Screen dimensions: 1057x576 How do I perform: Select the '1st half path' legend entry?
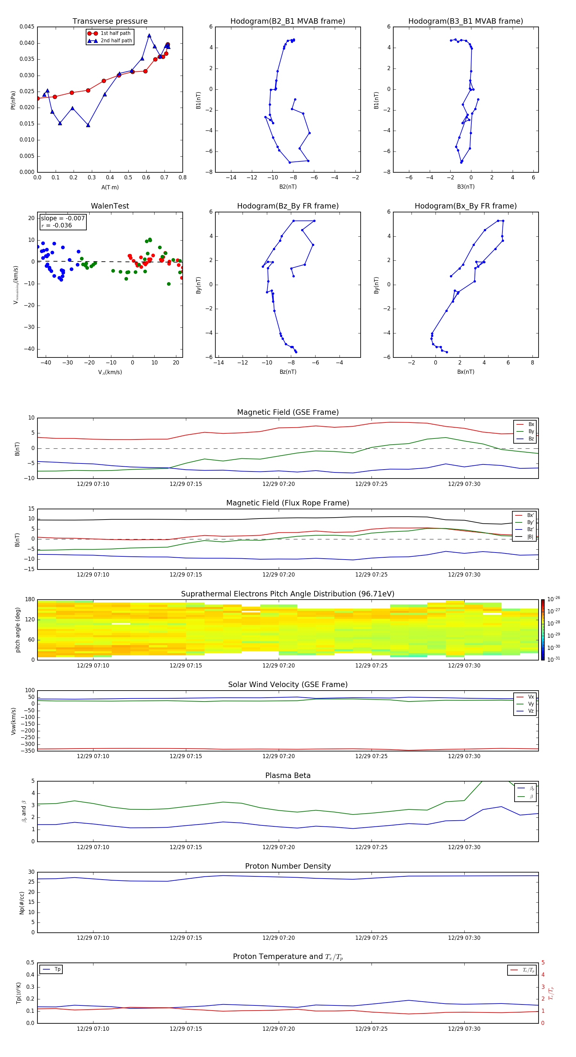[x=115, y=33]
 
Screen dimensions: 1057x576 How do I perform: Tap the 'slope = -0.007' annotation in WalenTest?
[x=63, y=218]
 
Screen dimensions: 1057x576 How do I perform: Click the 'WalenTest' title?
[x=110, y=206]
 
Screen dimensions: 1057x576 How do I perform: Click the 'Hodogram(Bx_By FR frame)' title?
[x=465, y=206]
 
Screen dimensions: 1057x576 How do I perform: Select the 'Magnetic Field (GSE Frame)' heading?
[x=288, y=412]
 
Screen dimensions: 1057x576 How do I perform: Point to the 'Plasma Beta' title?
[x=288, y=775]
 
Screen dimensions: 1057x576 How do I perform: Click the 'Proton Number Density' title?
[x=288, y=866]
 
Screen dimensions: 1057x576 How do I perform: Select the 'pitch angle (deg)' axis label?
[x=18, y=630]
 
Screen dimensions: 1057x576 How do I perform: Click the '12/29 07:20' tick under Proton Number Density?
[x=278, y=938]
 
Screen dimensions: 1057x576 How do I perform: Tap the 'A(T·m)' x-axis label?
[x=110, y=187]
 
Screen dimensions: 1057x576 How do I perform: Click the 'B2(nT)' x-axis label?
[x=288, y=187]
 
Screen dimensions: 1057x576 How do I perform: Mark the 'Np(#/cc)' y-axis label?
[x=22, y=903]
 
